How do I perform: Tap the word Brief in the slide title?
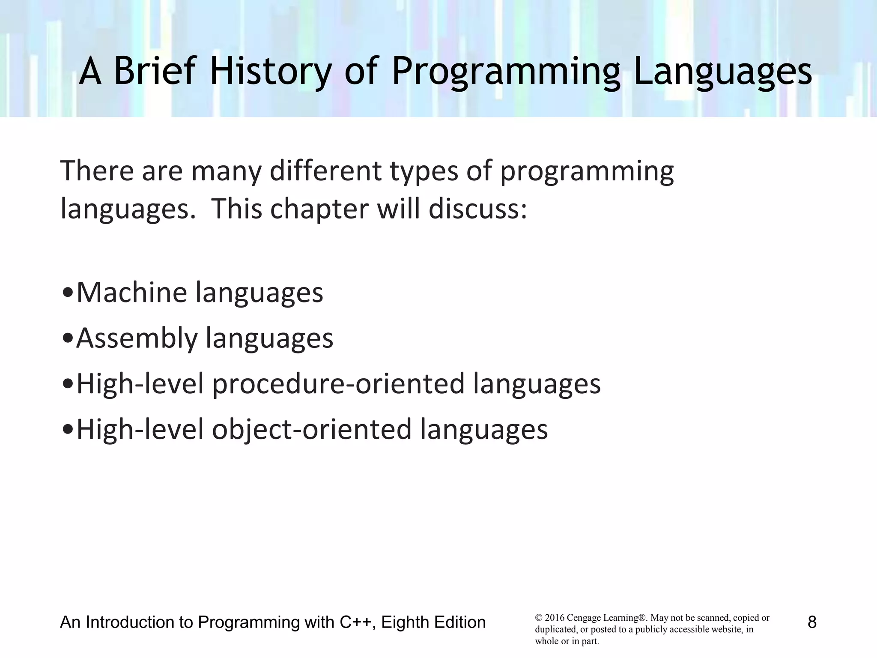click(154, 71)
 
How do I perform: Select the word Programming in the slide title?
click(505, 71)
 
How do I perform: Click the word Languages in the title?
click(722, 71)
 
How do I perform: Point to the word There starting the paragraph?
click(97, 170)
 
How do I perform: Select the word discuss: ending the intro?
click(477, 209)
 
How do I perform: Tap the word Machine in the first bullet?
click(132, 293)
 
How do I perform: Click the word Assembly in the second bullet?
click(137, 338)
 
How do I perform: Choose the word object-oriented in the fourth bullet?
click(312, 430)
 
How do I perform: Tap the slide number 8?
click(812, 622)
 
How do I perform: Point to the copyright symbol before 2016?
click(538, 618)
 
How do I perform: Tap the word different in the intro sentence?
click(325, 170)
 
